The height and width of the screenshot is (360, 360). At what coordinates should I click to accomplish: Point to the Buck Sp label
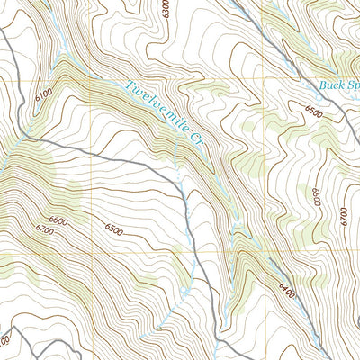click(339, 87)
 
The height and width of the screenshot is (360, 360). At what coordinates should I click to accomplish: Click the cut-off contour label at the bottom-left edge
click(4, 343)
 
